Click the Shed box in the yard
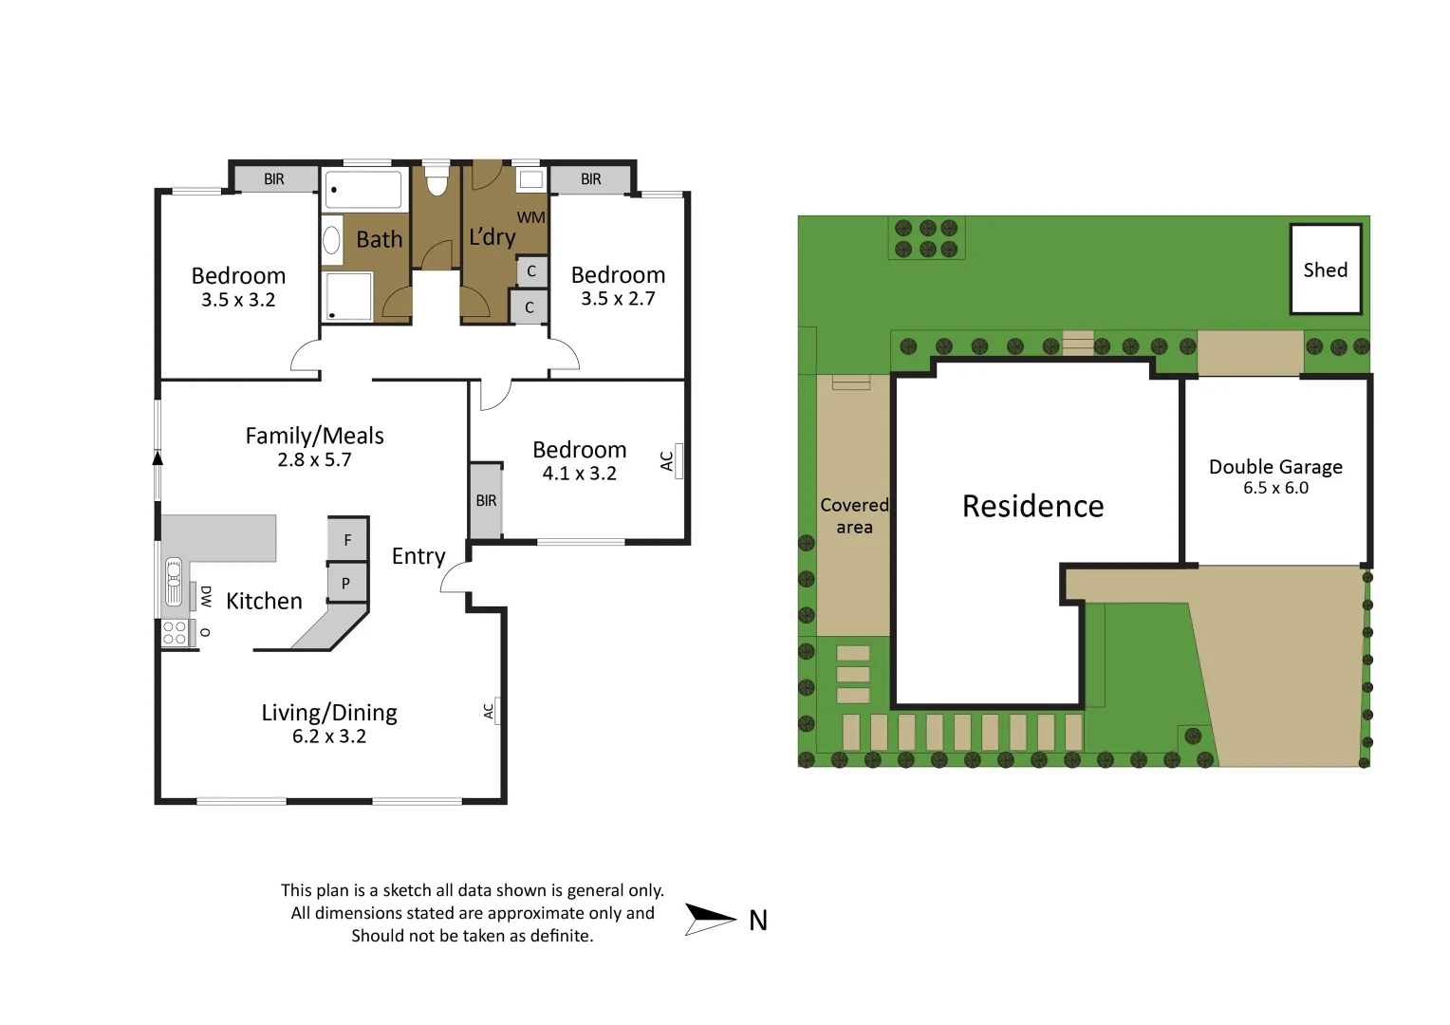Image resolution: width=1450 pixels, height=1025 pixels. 1325,270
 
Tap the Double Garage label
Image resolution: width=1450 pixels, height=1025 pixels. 1274,467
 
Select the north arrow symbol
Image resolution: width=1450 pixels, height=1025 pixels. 709,919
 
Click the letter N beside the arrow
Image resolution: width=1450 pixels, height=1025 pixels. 757,921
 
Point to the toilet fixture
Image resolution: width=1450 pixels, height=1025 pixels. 436,180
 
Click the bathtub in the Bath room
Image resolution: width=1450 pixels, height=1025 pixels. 363,189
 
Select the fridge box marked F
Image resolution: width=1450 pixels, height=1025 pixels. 347,540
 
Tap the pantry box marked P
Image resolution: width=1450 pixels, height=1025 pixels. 346,583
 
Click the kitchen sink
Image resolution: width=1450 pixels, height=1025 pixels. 174,582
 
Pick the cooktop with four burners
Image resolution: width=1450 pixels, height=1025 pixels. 175,632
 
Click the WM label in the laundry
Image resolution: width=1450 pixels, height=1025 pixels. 530,217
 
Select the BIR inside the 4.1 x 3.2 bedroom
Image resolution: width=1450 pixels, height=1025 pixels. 486,501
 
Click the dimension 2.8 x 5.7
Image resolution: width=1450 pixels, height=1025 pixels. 314,460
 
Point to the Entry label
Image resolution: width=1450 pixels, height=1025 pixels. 418,556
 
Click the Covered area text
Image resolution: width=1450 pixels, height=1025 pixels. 854,516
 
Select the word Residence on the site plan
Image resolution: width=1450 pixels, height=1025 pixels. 1032,506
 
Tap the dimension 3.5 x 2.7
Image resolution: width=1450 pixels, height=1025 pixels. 618,299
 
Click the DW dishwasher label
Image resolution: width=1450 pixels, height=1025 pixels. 205,596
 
